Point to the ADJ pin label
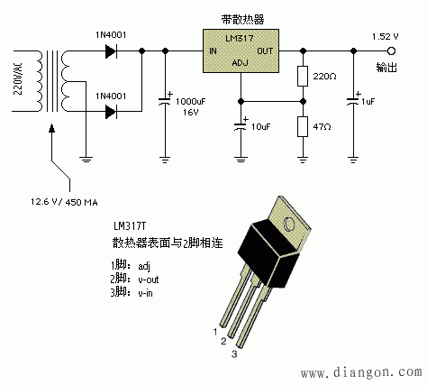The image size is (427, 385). (x=240, y=64)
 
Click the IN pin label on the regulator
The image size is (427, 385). (x=213, y=51)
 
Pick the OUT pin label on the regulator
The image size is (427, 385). (x=265, y=51)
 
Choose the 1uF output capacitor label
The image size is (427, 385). (x=369, y=101)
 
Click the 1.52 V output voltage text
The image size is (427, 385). (x=386, y=35)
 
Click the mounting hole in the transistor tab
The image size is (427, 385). (x=289, y=222)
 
